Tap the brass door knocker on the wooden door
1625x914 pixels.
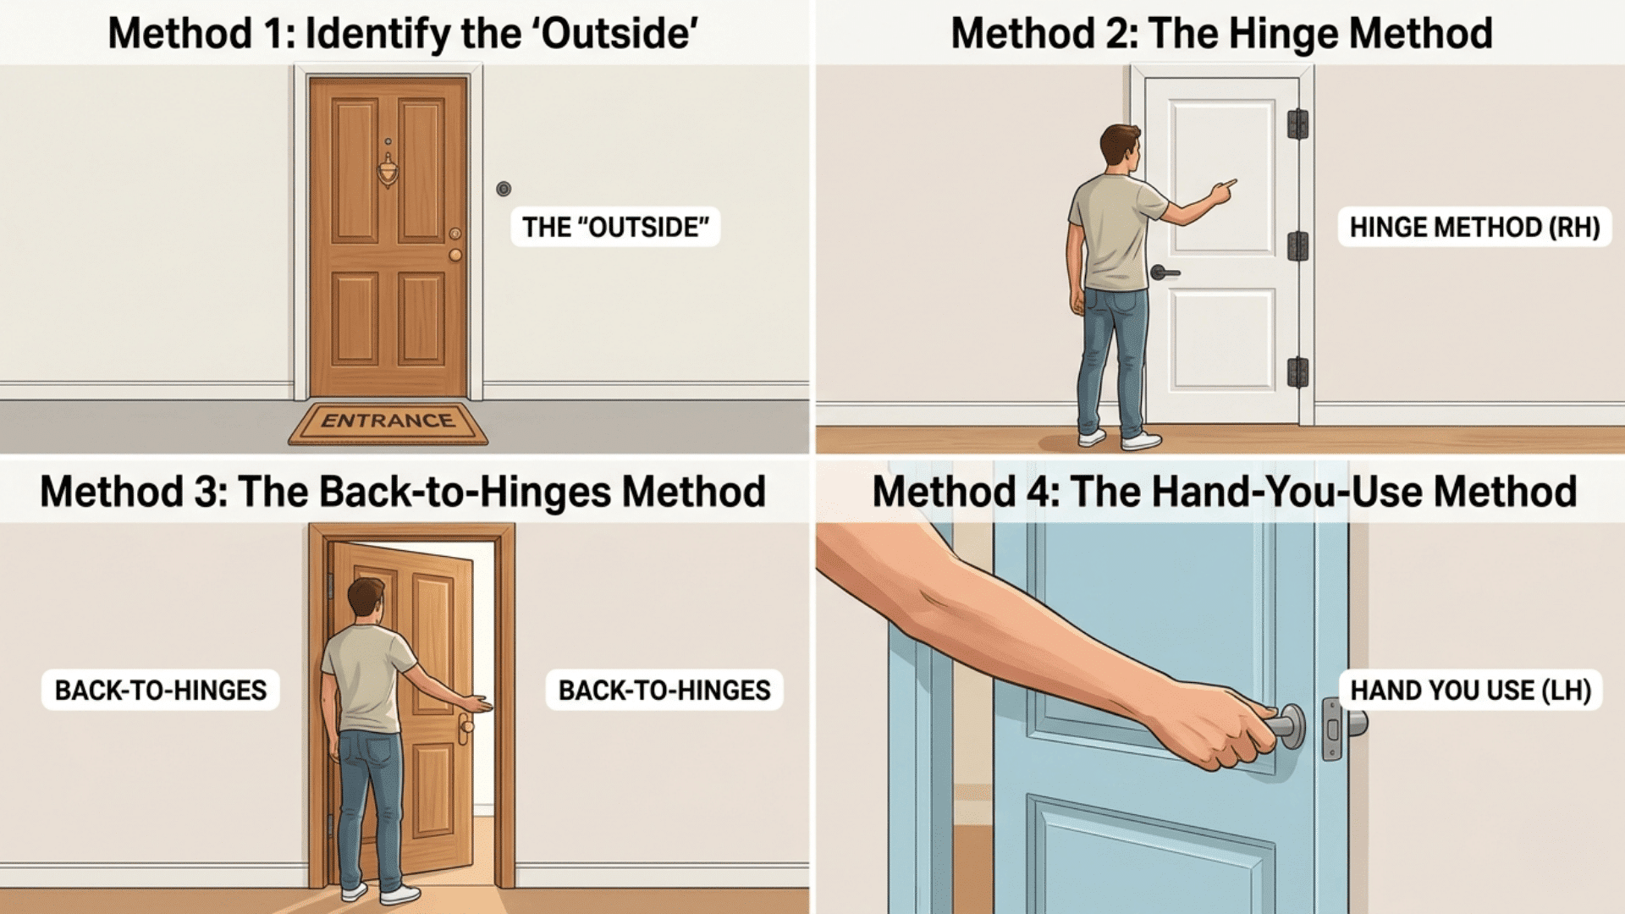click(x=388, y=168)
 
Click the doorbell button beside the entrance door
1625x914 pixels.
click(x=504, y=188)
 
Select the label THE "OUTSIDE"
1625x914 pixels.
click(x=615, y=227)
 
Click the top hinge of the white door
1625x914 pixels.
click(x=1297, y=124)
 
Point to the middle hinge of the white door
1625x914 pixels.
click(x=1297, y=246)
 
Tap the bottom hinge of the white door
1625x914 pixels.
click(x=1297, y=372)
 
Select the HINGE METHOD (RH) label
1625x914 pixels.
click(x=1474, y=227)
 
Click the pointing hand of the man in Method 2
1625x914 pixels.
click(x=1222, y=191)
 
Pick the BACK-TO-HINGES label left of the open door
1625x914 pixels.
click(x=161, y=690)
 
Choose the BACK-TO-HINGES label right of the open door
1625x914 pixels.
click(x=664, y=690)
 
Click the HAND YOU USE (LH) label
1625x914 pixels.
click(x=1470, y=690)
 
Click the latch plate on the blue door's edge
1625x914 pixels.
click(x=1332, y=729)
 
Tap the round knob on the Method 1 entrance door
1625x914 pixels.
click(x=455, y=254)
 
